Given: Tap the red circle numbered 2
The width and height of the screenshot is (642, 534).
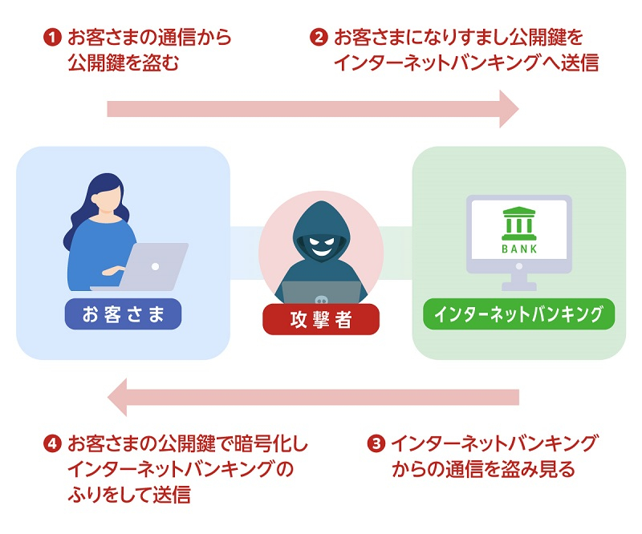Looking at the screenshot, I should click(319, 38).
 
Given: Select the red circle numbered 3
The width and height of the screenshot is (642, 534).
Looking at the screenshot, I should click(375, 443).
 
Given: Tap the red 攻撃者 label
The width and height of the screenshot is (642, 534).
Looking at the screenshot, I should click(321, 319).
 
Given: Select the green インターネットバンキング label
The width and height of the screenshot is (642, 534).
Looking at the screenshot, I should click(518, 314).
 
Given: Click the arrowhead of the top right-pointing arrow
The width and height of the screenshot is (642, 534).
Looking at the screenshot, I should click(508, 108).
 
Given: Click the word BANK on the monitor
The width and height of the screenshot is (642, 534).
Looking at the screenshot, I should click(519, 248).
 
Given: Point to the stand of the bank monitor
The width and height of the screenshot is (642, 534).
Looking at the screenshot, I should click(519, 281).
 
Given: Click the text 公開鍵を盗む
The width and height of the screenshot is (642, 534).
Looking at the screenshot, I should click(122, 63).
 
